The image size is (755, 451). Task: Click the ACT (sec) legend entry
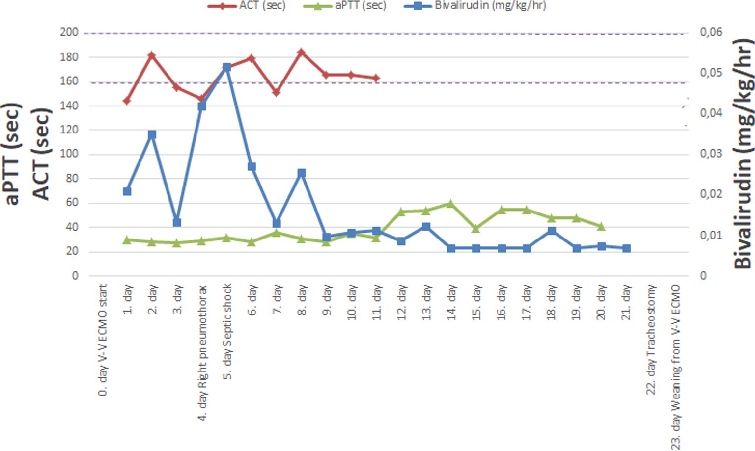click(x=247, y=5)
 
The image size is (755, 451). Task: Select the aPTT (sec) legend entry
click(x=344, y=5)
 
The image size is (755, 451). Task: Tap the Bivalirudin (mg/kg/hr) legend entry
click(x=475, y=5)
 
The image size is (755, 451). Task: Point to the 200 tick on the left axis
click(x=69, y=32)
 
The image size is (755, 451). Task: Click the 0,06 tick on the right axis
click(x=711, y=32)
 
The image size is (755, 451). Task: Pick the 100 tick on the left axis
click(x=69, y=154)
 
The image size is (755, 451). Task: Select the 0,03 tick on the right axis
click(x=711, y=154)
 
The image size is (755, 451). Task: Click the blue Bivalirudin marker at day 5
click(x=227, y=67)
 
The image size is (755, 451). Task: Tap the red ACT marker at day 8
click(x=302, y=52)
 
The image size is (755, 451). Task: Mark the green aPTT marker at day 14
click(x=451, y=204)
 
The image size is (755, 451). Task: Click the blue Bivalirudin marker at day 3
click(x=177, y=222)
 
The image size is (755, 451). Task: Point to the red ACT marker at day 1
click(x=127, y=101)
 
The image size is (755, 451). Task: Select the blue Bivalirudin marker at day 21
click(x=626, y=249)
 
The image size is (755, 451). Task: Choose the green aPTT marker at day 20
click(x=601, y=227)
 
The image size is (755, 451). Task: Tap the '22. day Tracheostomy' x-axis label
click(x=651, y=340)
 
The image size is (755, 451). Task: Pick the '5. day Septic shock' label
click(x=228, y=331)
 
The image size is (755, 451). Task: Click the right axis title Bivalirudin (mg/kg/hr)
click(x=743, y=154)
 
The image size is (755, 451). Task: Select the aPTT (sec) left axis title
click(x=11, y=154)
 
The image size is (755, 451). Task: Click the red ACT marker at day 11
click(x=376, y=78)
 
